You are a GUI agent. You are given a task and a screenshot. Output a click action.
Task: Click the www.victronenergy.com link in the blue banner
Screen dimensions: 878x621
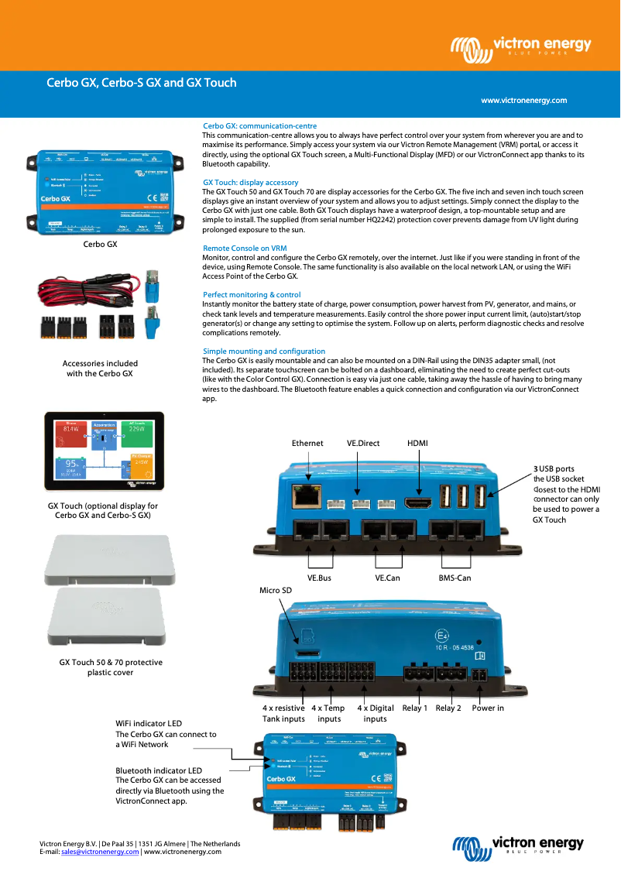[x=523, y=101]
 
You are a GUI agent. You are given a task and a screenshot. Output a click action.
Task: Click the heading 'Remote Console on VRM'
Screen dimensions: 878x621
[x=245, y=249]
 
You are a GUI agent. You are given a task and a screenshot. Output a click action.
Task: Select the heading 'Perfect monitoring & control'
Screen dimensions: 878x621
[x=252, y=295]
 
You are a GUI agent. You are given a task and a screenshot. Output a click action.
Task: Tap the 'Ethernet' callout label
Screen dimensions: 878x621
[x=307, y=444]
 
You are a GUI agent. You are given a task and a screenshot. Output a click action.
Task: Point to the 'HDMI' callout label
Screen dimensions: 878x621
[x=417, y=444]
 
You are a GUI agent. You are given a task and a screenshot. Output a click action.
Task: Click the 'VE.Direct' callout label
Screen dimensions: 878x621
[x=363, y=444]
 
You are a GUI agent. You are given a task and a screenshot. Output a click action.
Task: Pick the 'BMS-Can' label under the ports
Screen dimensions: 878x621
[x=455, y=578]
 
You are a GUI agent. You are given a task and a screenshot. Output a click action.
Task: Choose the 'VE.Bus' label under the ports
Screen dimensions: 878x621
[x=319, y=578]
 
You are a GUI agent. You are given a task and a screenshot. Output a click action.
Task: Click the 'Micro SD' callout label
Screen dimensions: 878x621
[x=275, y=591]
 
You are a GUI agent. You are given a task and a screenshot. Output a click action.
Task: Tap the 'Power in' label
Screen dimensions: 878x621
[x=488, y=708]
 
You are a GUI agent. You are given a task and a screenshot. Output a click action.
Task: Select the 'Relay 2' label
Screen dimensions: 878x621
[x=448, y=708]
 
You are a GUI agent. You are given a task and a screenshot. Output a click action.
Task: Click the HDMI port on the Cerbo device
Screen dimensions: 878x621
[x=418, y=502]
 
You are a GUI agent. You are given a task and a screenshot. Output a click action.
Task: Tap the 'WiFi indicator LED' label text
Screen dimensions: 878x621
[x=149, y=724]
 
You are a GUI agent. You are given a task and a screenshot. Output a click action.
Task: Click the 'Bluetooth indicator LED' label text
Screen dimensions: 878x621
[x=159, y=771]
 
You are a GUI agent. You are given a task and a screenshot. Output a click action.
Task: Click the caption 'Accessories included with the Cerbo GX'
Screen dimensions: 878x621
[x=100, y=369]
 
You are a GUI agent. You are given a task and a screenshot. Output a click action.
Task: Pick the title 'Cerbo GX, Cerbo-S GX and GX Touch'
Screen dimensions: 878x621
[x=142, y=83]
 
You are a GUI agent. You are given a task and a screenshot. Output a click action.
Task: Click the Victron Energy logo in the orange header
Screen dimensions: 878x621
[x=521, y=48]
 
